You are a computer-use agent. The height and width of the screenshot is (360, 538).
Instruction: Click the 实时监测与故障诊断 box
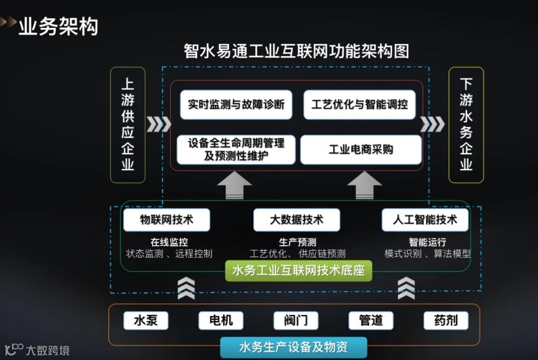tap(236, 105)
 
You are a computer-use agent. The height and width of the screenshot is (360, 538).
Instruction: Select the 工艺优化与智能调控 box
tap(359, 105)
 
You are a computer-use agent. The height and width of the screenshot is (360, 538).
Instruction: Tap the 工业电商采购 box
tap(361, 149)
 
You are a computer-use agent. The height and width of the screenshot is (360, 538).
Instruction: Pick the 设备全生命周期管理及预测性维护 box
tap(236, 150)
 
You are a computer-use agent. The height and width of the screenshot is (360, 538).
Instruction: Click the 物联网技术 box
tap(166, 220)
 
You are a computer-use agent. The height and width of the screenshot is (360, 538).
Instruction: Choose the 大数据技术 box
tap(296, 220)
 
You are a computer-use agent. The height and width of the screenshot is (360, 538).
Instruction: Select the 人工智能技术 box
tap(425, 220)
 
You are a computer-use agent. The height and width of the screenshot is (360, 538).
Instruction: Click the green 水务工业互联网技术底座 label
tap(298, 271)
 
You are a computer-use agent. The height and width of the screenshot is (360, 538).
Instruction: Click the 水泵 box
tap(146, 320)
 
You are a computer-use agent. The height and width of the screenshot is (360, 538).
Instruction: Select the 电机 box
tap(221, 320)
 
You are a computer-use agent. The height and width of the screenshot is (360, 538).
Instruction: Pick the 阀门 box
tap(296, 320)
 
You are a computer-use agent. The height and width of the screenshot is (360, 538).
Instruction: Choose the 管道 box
tap(371, 320)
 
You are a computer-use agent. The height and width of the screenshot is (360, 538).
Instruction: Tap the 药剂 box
tap(446, 320)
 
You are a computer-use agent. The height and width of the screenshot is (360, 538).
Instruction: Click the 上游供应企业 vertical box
tap(128, 124)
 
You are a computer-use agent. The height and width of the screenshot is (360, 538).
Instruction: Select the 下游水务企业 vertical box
tap(466, 124)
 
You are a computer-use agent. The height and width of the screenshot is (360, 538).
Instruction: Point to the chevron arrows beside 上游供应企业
tap(158, 124)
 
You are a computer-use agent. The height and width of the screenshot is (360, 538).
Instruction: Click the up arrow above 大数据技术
tap(234, 185)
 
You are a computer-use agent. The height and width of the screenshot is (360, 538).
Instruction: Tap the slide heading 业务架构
tap(58, 26)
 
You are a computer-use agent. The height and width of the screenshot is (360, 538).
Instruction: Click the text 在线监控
tap(169, 242)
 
